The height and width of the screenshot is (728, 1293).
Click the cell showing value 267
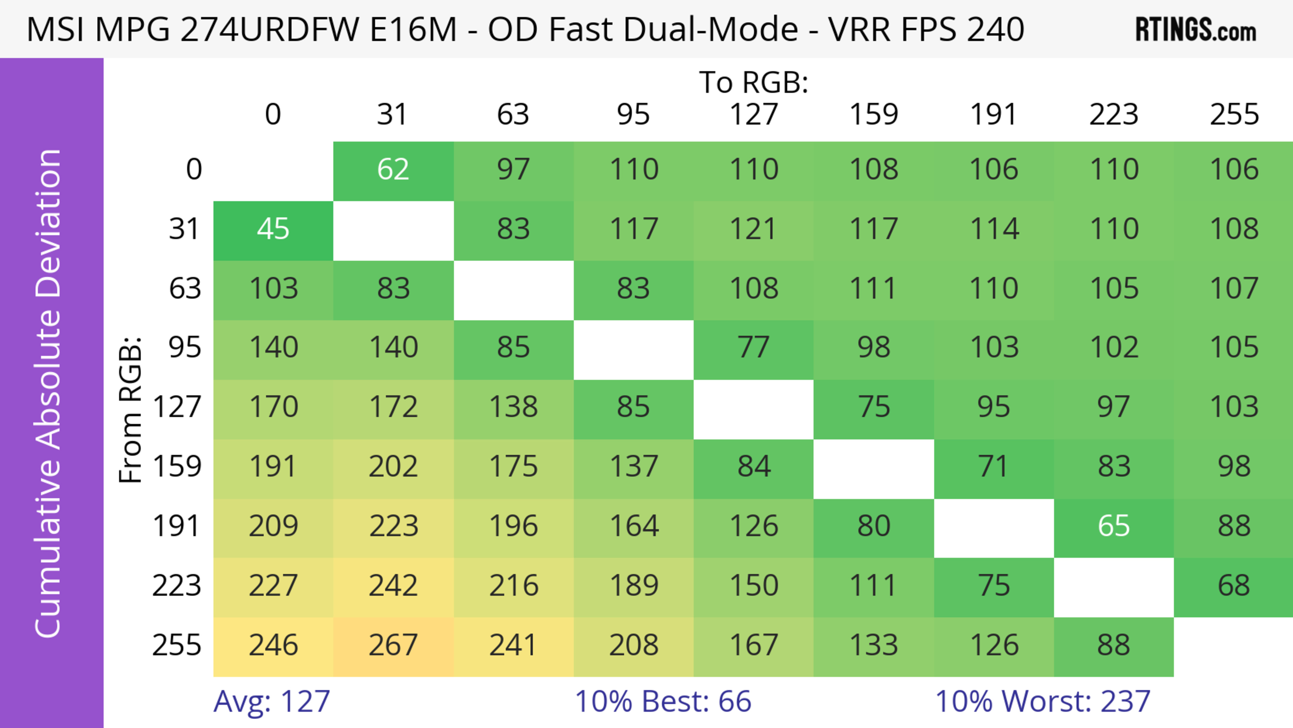pyautogui.click(x=393, y=646)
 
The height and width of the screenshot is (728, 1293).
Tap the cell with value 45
pyautogui.click(x=273, y=229)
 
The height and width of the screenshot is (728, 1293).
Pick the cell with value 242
pyautogui.click(x=393, y=586)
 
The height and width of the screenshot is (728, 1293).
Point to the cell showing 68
pyautogui.click(x=1233, y=586)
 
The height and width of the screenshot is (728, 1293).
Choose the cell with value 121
pyautogui.click(x=754, y=229)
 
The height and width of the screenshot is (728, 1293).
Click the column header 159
pyautogui.click(x=873, y=115)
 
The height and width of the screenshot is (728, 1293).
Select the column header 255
pyautogui.click(x=1234, y=115)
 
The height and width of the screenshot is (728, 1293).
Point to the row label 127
pyautogui.click(x=177, y=407)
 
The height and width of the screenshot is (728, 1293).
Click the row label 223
pyautogui.click(x=177, y=586)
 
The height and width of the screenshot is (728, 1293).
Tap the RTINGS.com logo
pyautogui.click(x=1196, y=30)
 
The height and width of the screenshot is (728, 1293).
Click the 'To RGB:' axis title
pyautogui.click(x=754, y=82)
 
